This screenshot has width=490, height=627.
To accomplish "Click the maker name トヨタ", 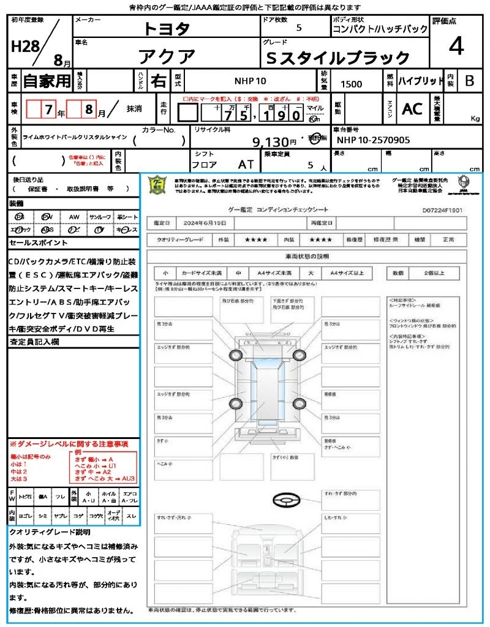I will point(167,28).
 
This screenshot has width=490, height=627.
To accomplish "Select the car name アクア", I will point(167,58).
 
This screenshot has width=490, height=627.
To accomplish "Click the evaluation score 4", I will point(456,46).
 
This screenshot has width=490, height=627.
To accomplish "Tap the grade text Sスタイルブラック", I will point(339,58).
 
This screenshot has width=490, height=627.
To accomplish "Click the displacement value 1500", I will point(351,84).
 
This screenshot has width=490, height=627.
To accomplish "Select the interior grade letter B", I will point(469,81).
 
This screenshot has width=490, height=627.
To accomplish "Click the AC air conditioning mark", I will point(412,109).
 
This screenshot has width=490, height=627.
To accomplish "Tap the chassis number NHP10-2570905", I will point(374,140).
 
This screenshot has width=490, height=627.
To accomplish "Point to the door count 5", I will point(299,28).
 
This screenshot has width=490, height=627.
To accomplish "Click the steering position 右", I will point(158,81).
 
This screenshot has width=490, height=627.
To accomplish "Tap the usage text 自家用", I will point(47,81).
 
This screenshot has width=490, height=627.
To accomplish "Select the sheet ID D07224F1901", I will point(442,209).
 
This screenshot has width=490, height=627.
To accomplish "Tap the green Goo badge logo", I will point(158,184).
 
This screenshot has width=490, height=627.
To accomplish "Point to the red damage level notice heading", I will point(69,443).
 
